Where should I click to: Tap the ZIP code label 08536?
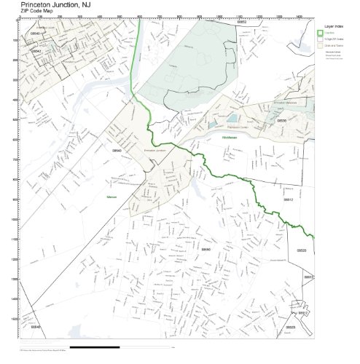pos(281,120)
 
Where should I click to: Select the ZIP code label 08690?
pos(206,249)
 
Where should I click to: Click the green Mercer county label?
pos(111,197)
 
